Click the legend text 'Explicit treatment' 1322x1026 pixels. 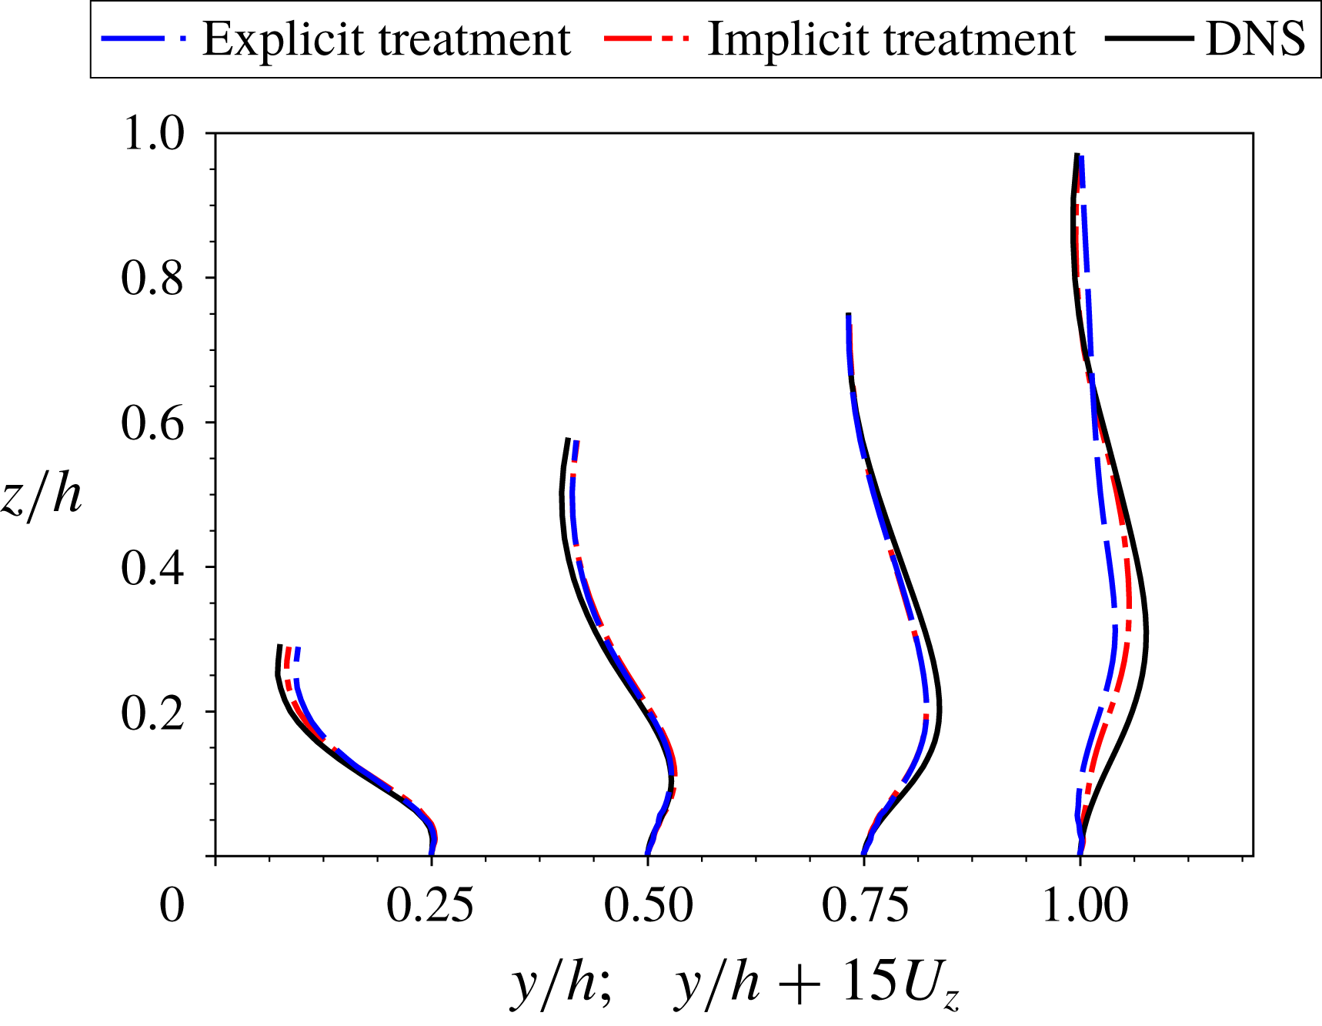[386, 38]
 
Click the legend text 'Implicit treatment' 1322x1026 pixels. [891, 38]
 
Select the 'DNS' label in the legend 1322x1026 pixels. [1255, 38]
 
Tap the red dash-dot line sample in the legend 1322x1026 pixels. [646, 38]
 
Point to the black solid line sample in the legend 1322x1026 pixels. [1149, 38]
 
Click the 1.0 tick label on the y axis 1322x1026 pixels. [153, 133]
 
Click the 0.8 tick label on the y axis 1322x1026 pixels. [153, 278]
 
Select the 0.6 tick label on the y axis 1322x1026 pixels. [153, 423]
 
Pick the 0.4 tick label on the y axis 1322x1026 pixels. [153, 567]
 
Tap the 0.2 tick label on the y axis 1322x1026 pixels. [153, 712]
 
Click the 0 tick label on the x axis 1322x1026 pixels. [172, 905]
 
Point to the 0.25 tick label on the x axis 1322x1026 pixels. [429, 905]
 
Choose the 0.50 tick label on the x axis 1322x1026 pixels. [648, 905]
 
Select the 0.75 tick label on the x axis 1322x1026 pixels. [865, 905]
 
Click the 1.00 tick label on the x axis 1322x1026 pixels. [1085, 905]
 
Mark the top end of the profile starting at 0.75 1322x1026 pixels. [848, 315]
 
